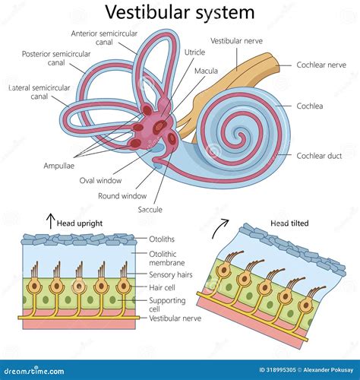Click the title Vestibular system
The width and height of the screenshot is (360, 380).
pos(179,12)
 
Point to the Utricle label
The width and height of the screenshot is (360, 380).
pos(194,52)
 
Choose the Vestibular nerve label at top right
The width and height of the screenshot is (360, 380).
pos(236,40)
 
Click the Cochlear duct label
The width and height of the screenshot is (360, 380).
pos(321,155)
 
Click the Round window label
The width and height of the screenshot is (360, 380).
pos(122,195)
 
